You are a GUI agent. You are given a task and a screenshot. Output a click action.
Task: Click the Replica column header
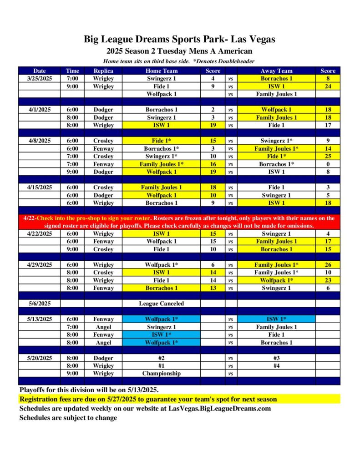point(103,71)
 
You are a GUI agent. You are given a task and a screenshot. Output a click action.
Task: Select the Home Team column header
point(162,71)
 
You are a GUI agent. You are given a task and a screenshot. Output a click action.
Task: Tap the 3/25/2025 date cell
point(40,78)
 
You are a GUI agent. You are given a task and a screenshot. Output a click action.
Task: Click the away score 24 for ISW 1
point(328,86)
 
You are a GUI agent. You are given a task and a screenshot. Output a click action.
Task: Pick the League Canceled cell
point(162,304)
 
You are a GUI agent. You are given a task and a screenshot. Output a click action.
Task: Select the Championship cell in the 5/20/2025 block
point(162,373)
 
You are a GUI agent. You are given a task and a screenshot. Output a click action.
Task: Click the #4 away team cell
point(276,365)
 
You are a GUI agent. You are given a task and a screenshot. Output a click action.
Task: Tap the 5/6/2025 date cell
point(40,304)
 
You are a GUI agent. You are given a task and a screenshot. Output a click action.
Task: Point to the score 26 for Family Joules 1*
point(328,265)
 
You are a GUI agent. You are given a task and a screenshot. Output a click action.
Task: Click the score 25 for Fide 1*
point(328,156)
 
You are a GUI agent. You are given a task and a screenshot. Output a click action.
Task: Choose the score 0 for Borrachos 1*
point(328,164)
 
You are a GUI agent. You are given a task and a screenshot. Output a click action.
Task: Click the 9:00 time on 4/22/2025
point(72,249)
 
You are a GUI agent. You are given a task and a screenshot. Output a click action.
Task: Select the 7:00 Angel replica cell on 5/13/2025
point(103,327)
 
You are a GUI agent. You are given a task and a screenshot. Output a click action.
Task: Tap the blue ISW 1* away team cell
point(276,319)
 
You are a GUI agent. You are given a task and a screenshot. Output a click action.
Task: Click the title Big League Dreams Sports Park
point(179,40)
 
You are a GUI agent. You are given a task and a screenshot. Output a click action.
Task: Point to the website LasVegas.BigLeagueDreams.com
point(220,408)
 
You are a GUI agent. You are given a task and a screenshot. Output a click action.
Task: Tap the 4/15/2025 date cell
point(40,187)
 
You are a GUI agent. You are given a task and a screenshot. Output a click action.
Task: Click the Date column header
point(40,71)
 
